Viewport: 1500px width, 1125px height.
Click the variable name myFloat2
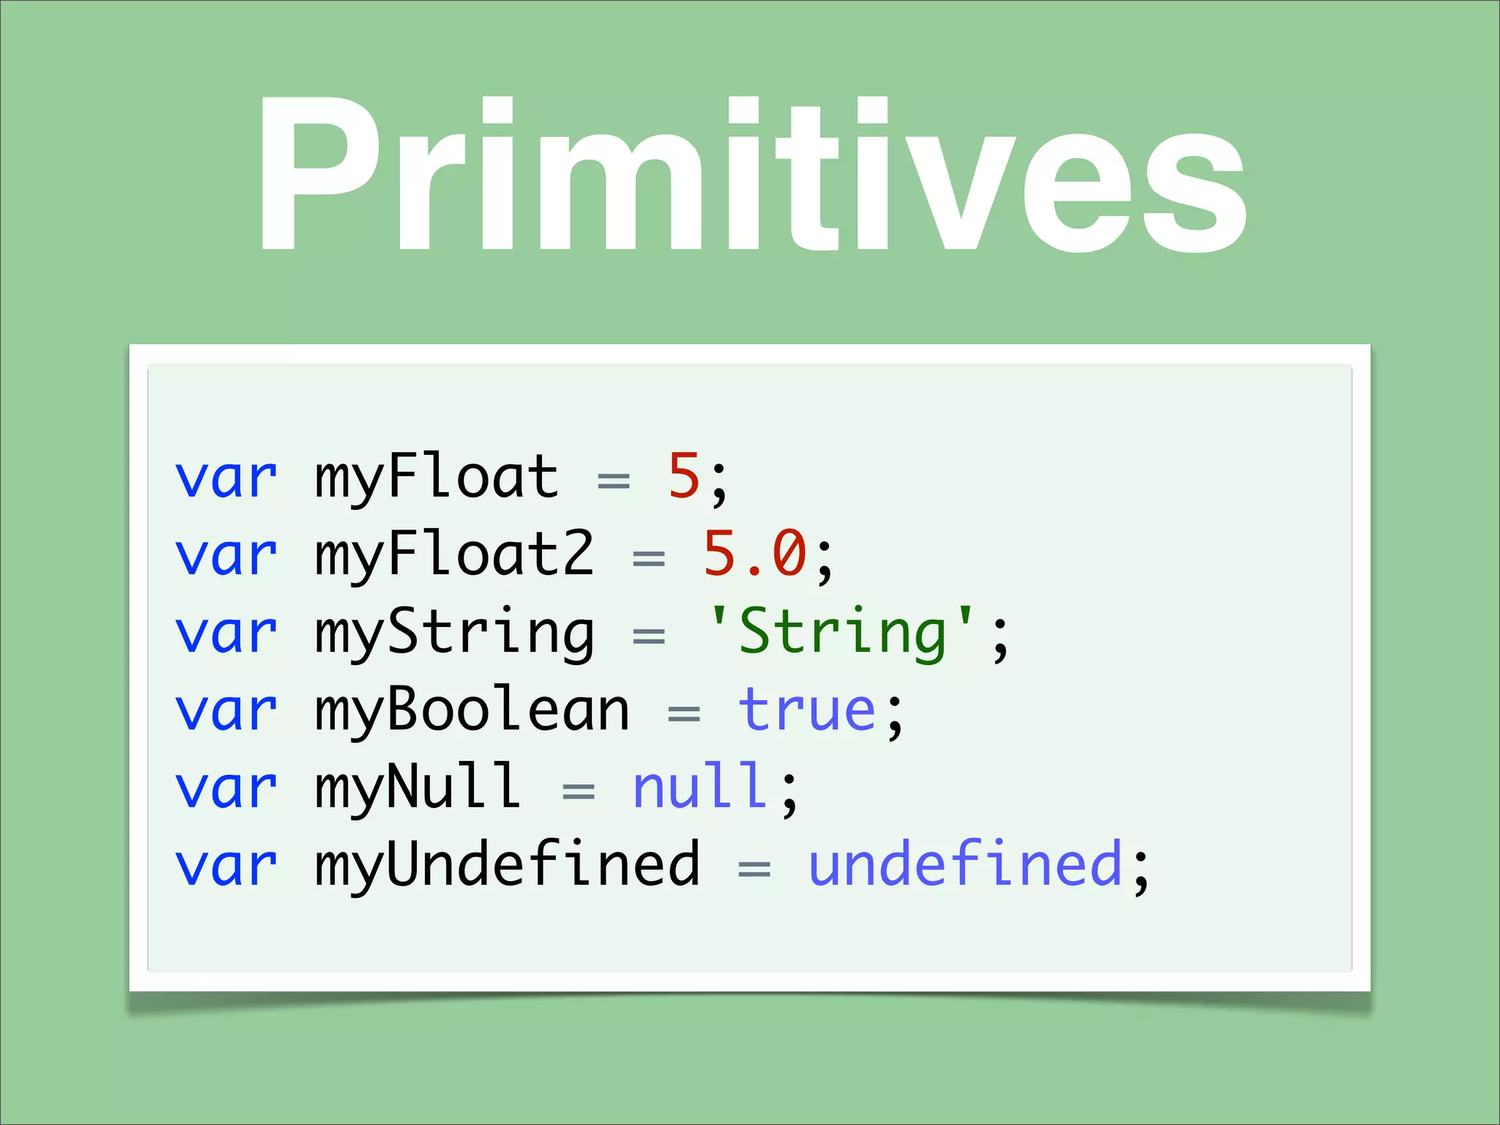(454, 554)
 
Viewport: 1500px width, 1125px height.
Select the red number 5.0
(754, 554)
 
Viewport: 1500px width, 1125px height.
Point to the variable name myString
(454, 634)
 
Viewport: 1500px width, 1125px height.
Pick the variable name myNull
(417, 787)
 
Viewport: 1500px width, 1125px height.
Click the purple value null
(699, 787)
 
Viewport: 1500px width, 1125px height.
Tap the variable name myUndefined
(507, 866)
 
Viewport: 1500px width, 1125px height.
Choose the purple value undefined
(965, 866)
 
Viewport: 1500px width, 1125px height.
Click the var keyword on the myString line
(226, 634)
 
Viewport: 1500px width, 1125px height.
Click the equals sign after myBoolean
(684, 713)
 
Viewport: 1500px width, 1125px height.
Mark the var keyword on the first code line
(226, 478)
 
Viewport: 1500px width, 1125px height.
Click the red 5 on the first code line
(684, 477)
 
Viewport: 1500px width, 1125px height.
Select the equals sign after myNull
(579, 791)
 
